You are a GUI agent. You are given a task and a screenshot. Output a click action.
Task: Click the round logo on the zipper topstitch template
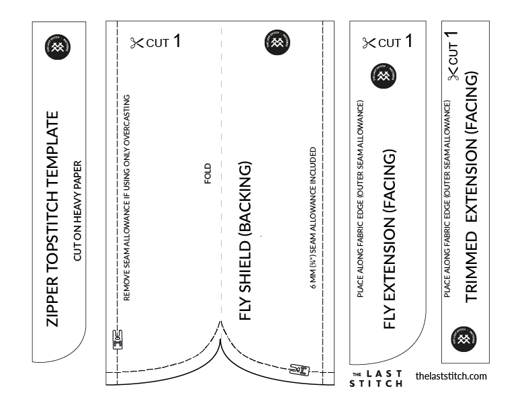(x=58, y=46)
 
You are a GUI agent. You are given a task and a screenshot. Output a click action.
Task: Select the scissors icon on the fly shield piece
(x=136, y=44)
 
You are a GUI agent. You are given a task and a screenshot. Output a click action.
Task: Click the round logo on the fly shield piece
(x=277, y=42)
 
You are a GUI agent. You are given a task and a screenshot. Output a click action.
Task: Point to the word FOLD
(x=208, y=173)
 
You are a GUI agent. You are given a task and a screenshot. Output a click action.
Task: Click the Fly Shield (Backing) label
(x=245, y=240)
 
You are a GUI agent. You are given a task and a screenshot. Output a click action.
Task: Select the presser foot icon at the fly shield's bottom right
(x=299, y=368)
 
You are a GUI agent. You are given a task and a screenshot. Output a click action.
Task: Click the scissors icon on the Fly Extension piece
(x=369, y=44)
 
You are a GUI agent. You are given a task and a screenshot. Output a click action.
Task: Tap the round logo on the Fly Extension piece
(x=384, y=78)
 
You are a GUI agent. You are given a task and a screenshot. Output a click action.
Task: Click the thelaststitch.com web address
(x=451, y=376)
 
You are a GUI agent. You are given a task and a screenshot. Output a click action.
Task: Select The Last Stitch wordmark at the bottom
(x=377, y=378)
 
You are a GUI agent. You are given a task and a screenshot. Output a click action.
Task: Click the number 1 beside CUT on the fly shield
(x=177, y=42)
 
